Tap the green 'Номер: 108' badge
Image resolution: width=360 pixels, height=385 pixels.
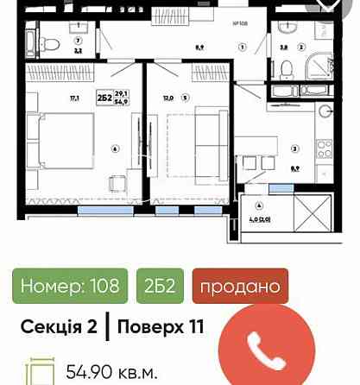(69, 286)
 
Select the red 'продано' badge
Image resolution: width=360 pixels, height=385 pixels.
(239, 286)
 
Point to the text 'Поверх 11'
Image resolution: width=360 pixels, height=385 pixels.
(155, 326)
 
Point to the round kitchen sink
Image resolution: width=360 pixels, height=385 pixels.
(324, 111)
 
